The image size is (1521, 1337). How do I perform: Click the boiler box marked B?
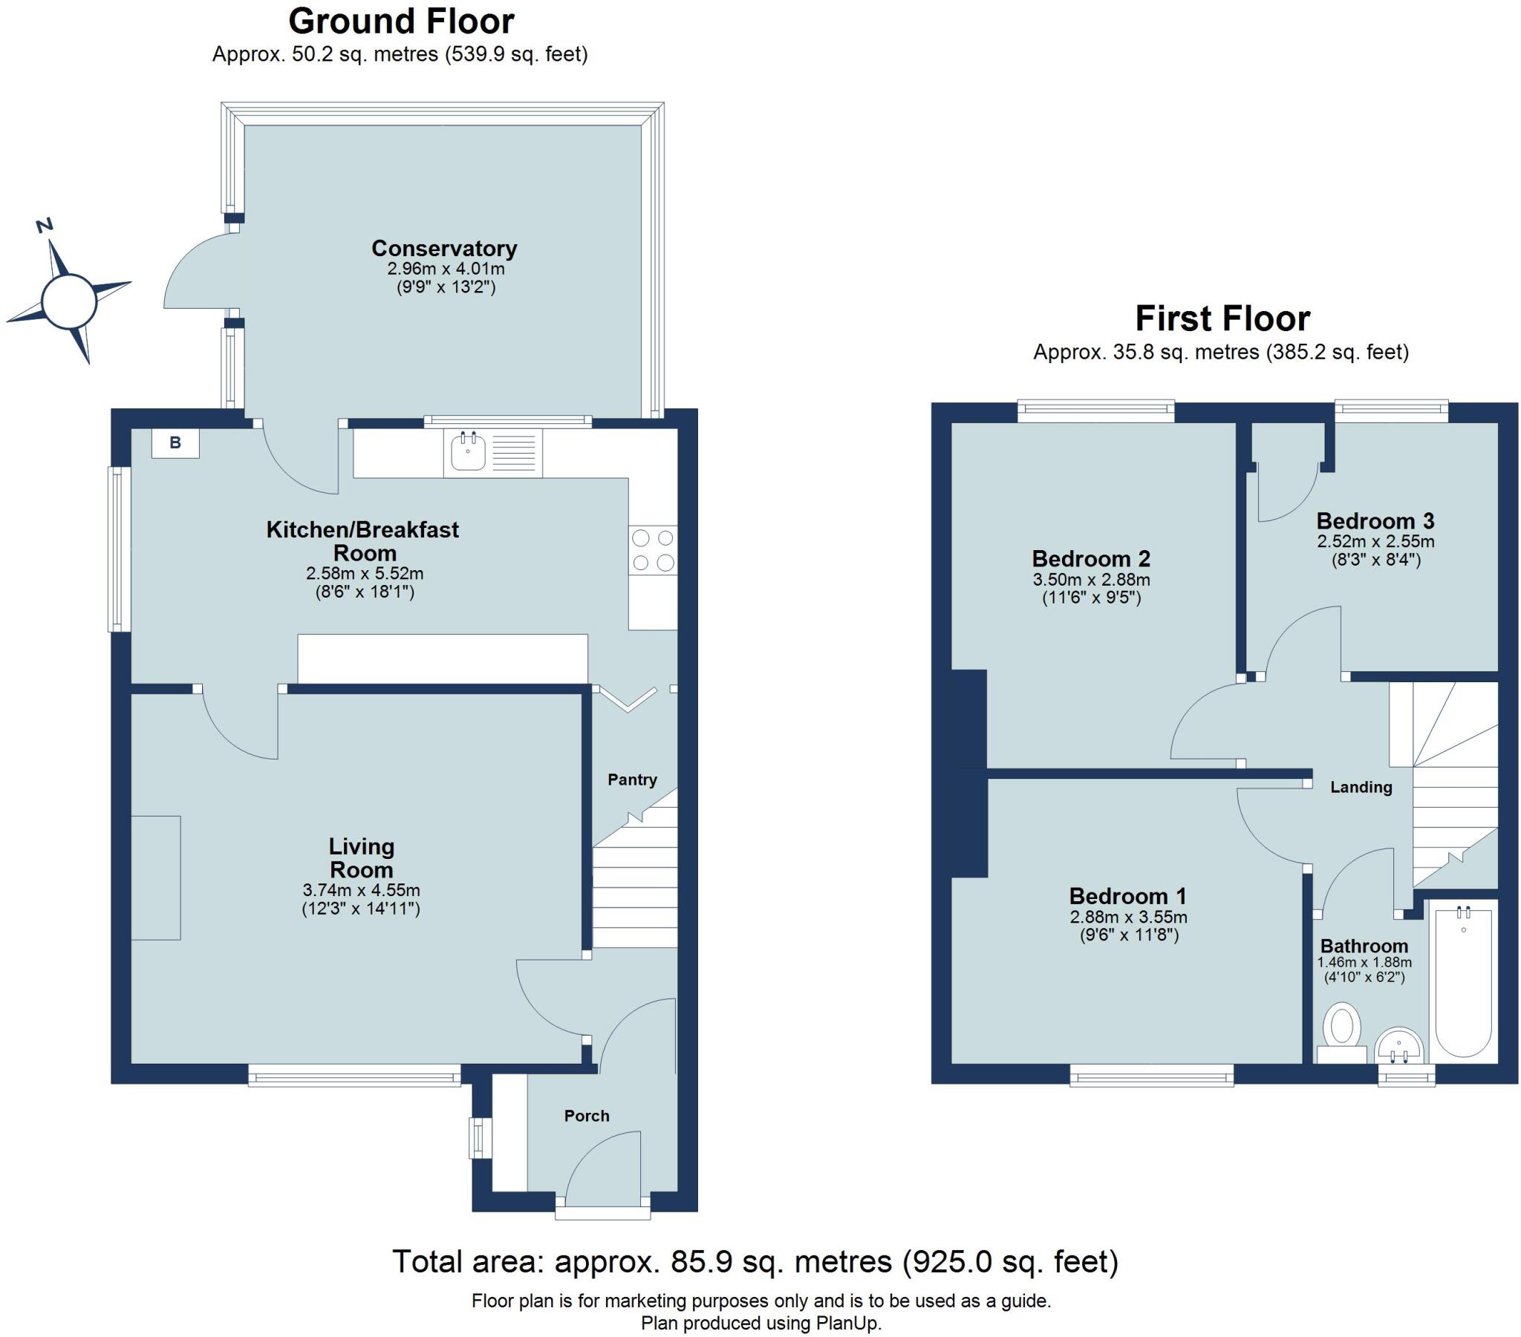click(x=175, y=443)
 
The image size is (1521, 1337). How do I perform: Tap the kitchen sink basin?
click(x=468, y=451)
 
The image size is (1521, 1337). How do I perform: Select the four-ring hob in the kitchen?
click(x=653, y=551)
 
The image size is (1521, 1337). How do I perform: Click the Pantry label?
click(x=632, y=779)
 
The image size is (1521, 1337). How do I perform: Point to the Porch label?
click(x=587, y=1115)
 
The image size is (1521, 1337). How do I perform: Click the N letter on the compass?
click(x=45, y=225)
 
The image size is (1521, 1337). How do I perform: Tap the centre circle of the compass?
click(x=69, y=301)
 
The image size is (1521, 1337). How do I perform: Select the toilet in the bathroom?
click(x=1342, y=1027)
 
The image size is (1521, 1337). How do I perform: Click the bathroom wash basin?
click(x=1400, y=1046)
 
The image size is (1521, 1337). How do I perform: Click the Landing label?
click(x=1361, y=787)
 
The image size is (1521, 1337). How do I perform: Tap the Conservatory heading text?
click(x=444, y=248)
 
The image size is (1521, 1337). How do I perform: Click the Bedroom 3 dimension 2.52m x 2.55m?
click(x=1375, y=542)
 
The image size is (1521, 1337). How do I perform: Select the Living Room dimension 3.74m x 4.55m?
click(x=361, y=890)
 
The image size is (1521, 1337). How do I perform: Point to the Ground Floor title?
click(x=401, y=22)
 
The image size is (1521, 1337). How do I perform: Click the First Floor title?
click(x=1222, y=319)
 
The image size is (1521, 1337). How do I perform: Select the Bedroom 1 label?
click(x=1127, y=896)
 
